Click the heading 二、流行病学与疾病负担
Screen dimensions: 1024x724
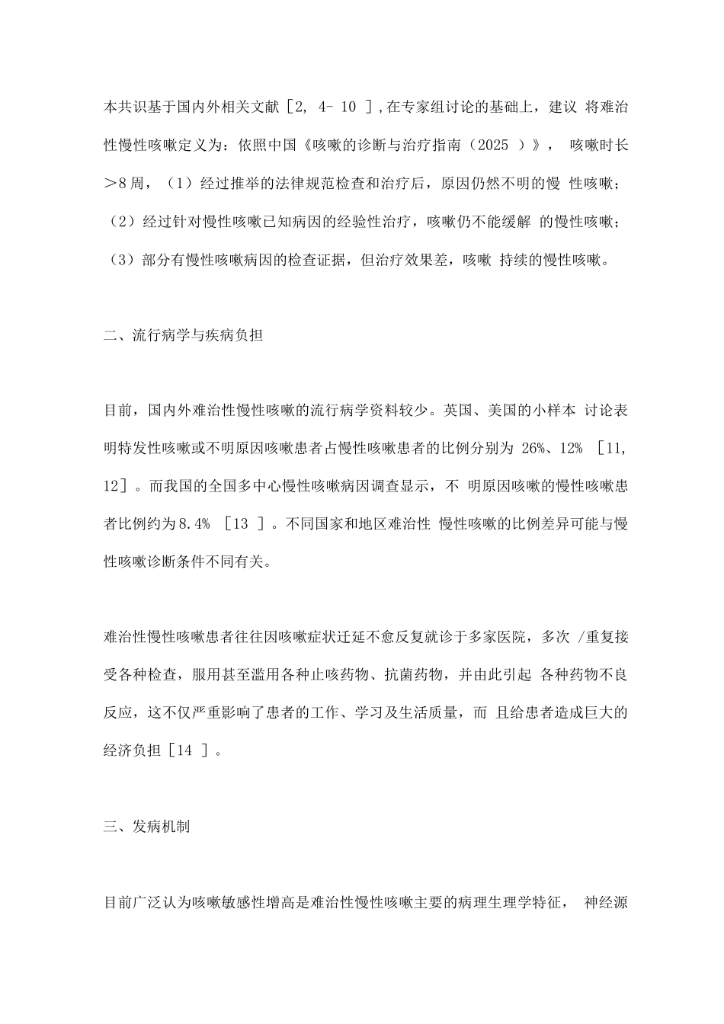(x=183, y=334)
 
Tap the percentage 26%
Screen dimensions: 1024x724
(x=539, y=448)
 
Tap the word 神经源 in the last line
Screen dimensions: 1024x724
(x=607, y=903)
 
